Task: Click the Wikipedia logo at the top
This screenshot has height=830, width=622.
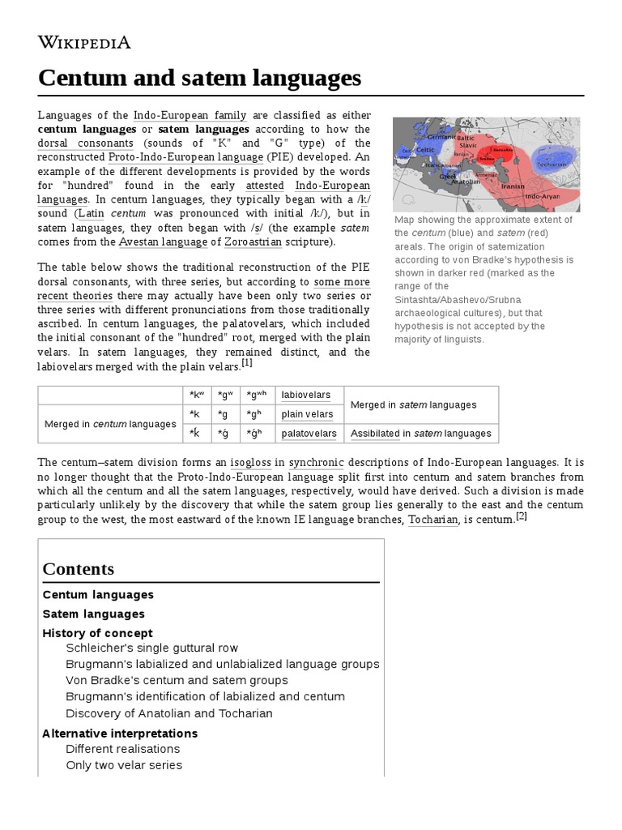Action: [84, 43]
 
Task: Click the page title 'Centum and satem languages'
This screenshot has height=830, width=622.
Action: [199, 79]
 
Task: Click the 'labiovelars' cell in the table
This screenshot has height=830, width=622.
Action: [306, 395]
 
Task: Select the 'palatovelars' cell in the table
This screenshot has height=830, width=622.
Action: [309, 434]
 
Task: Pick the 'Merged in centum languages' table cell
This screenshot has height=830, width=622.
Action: [109, 424]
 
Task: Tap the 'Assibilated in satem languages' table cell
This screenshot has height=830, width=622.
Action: [420, 434]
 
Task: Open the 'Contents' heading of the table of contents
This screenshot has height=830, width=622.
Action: [79, 568]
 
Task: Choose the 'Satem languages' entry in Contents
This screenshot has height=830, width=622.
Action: [93, 614]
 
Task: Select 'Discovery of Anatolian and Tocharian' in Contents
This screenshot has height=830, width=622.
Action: [169, 713]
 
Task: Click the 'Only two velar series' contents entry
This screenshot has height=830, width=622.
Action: [124, 765]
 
